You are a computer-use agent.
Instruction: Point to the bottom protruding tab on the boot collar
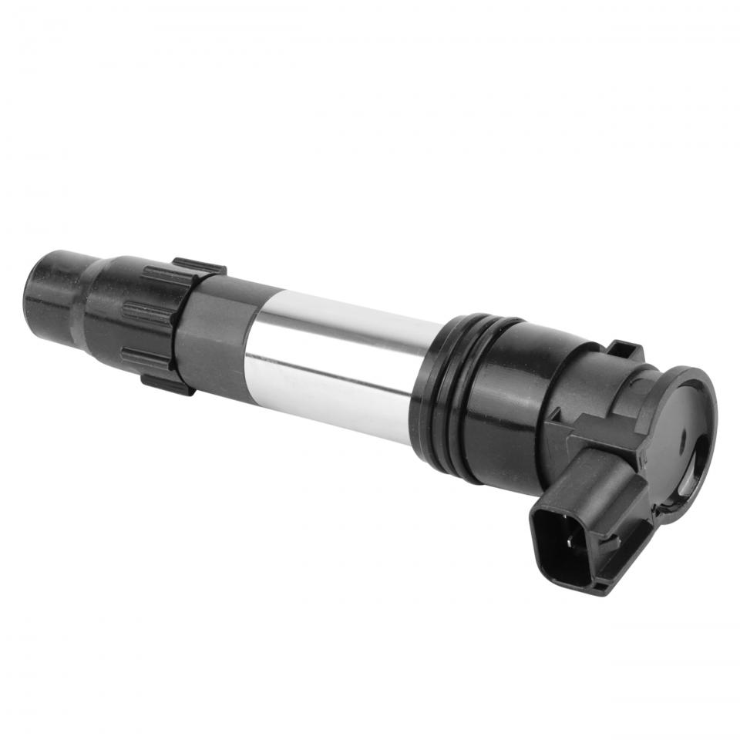[x=166, y=382]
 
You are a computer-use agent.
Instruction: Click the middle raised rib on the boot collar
[x=146, y=313]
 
